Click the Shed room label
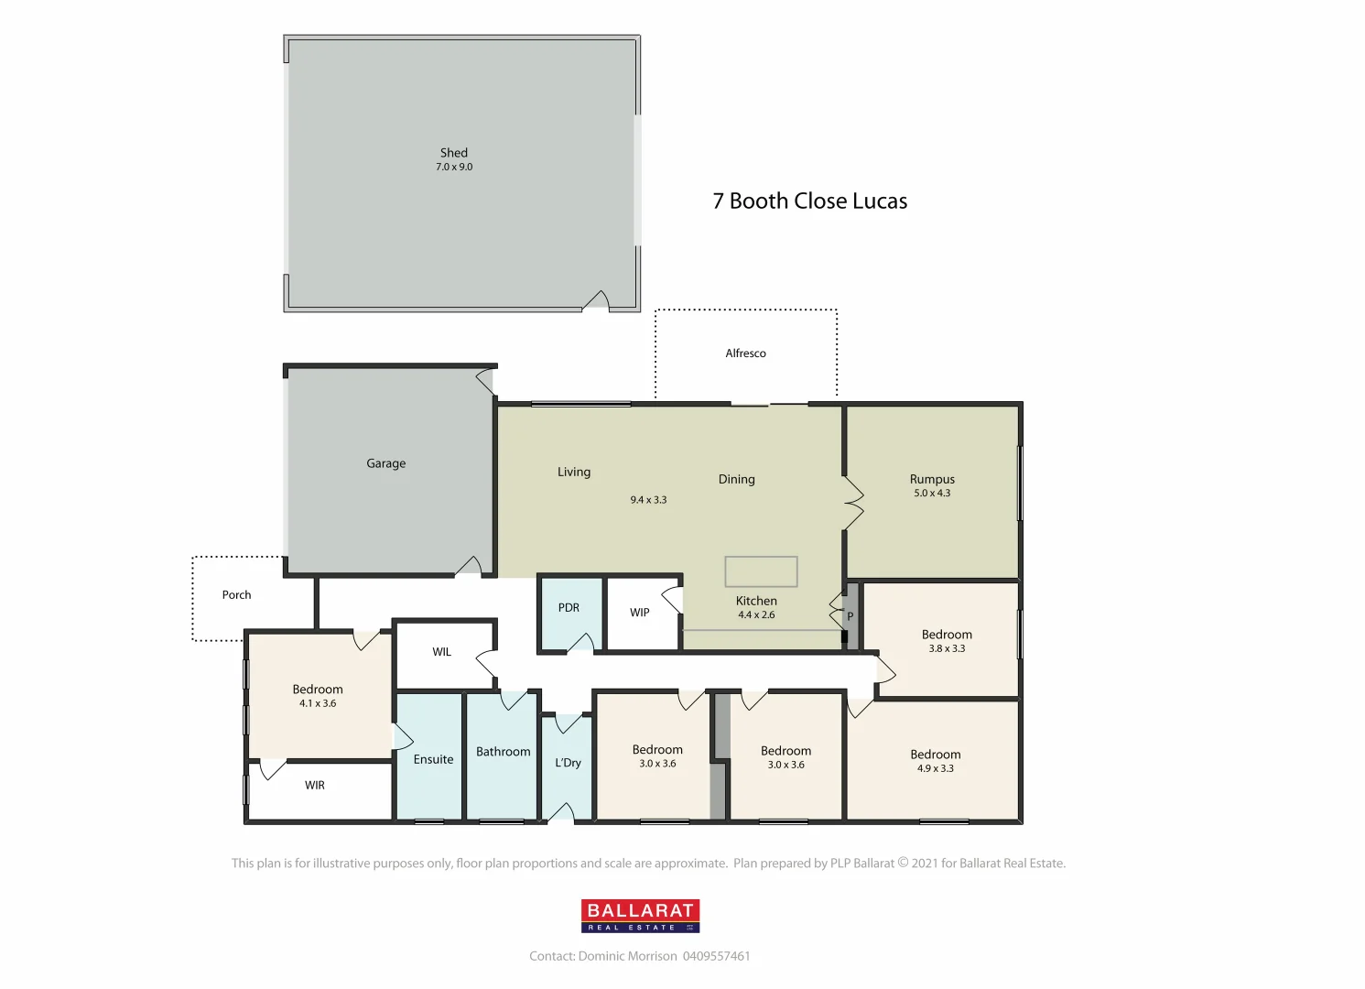[x=454, y=153]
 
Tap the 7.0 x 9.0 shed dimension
[x=454, y=168]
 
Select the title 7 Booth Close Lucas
[x=809, y=201]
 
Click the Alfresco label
[x=745, y=353]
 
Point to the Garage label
[x=385, y=463]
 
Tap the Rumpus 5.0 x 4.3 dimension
[x=932, y=494]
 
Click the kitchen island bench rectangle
[x=761, y=571]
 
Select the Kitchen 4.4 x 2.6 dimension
[x=756, y=615]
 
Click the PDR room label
[x=569, y=608]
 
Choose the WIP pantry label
[x=640, y=613]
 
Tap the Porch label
[x=236, y=595]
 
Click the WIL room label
[x=442, y=652]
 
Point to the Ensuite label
[x=433, y=759]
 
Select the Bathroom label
[x=503, y=752]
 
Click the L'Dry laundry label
[x=568, y=763]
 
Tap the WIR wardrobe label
[x=315, y=786]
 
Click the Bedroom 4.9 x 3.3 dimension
[x=936, y=769]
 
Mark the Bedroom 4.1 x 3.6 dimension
[x=318, y=704]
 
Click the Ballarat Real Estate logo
[x=640, y=916]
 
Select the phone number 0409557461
[x=716, y=956]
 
